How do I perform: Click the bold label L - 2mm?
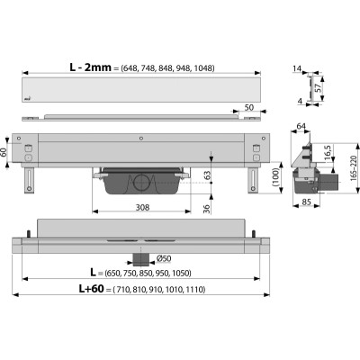point(90,67)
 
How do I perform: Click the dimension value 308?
point(142,207)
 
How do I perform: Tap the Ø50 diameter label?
point(164,258)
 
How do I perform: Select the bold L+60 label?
point(91,289)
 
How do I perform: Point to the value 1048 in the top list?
point(203,68)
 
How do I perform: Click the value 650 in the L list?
point(113,274)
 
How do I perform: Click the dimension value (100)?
point(277,177)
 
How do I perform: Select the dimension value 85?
point(306,202)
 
